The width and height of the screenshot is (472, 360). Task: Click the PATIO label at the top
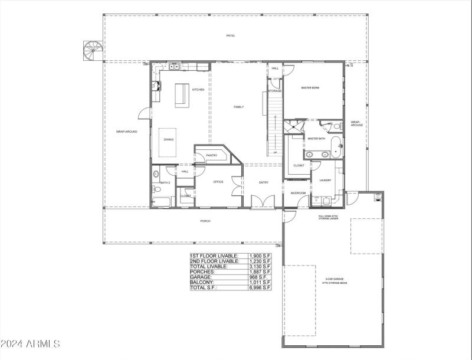point(230,35)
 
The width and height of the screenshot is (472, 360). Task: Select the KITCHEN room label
point(198,90)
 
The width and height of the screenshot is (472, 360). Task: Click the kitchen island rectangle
point(182,96)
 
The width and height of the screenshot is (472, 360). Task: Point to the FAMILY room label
point(238,107)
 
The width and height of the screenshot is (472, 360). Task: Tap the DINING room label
point(169,140)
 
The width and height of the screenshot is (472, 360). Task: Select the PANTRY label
point(212,156)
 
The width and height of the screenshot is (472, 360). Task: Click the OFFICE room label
point(218,182)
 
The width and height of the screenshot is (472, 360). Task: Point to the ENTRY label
point(264,182)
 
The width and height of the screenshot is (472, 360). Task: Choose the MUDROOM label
point(298,193)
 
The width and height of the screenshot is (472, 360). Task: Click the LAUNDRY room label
point(325,181)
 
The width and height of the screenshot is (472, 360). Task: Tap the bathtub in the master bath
point(336,148)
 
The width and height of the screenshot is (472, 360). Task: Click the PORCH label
point(205,221)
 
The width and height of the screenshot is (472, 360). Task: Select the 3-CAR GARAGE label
point(335,279)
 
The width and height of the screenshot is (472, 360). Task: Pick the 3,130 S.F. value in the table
point(260,266)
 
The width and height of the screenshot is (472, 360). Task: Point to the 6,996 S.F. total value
point(260,287)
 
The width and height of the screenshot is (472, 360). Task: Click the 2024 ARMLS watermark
point(31,343)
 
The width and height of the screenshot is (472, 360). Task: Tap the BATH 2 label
point(165,183)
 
